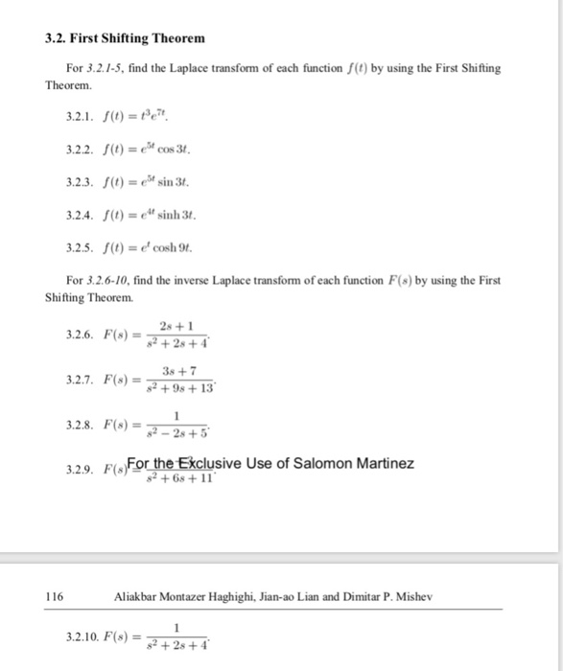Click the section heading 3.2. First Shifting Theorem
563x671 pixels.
click(125, 38)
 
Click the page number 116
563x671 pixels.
click(55, 595)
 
